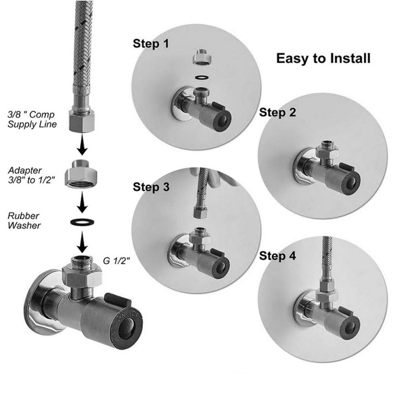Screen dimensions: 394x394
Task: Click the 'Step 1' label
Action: [x=151, y=44]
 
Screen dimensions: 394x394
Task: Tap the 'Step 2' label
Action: [x=277, y=112]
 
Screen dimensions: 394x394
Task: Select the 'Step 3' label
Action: [x=151, y=187]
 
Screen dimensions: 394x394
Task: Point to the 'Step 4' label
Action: [x=277, y=256]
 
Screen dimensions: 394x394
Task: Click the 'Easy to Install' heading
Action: [x=323, y=58]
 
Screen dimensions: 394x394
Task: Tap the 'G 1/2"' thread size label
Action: [x=116, y=261]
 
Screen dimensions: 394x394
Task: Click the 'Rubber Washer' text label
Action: [x=24, y=221]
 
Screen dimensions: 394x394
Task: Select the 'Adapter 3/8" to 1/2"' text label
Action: [x=32, y=175]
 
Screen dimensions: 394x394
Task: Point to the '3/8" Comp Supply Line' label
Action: [x=32, y=119]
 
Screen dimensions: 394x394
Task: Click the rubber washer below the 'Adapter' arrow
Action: [x=82, y=222]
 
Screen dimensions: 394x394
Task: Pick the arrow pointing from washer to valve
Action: [x=82, y=242]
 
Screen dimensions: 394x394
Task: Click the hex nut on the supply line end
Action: [x=82, y=121]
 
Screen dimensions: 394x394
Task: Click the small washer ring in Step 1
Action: [x=202, y=77]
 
